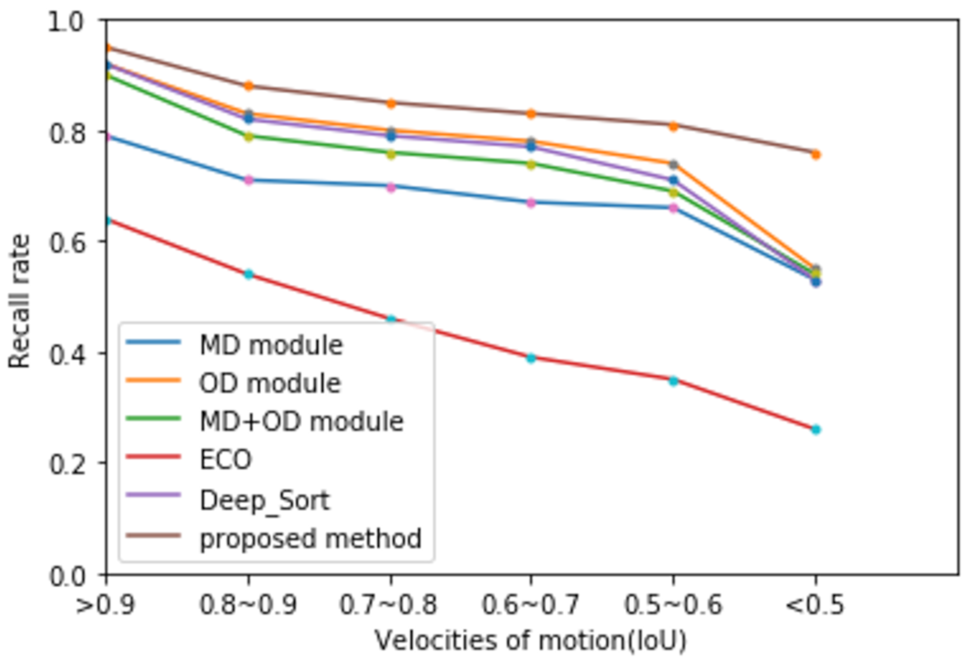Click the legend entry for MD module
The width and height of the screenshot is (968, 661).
(x=271, y=345)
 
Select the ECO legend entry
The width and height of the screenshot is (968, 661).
(x=225, y=460)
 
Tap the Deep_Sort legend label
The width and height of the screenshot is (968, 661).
(x=264, y=500)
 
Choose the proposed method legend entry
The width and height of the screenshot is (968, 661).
(x=310, y=538)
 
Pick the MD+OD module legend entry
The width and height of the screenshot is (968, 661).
(x=301, y=421)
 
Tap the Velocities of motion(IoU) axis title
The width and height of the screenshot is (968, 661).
(x=531, y=641)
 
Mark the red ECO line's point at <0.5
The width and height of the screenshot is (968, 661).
(x=816, y=430)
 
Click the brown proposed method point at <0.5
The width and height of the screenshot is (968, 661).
(x=816, y=155)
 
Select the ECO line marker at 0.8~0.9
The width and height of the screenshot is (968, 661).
(x=249, y=274)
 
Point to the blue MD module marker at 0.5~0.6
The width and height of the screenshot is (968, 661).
(x=673, y=208)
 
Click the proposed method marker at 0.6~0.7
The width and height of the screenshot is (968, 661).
(x=531, y=114)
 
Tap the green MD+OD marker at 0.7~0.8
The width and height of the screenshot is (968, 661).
(x=391, y=154)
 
